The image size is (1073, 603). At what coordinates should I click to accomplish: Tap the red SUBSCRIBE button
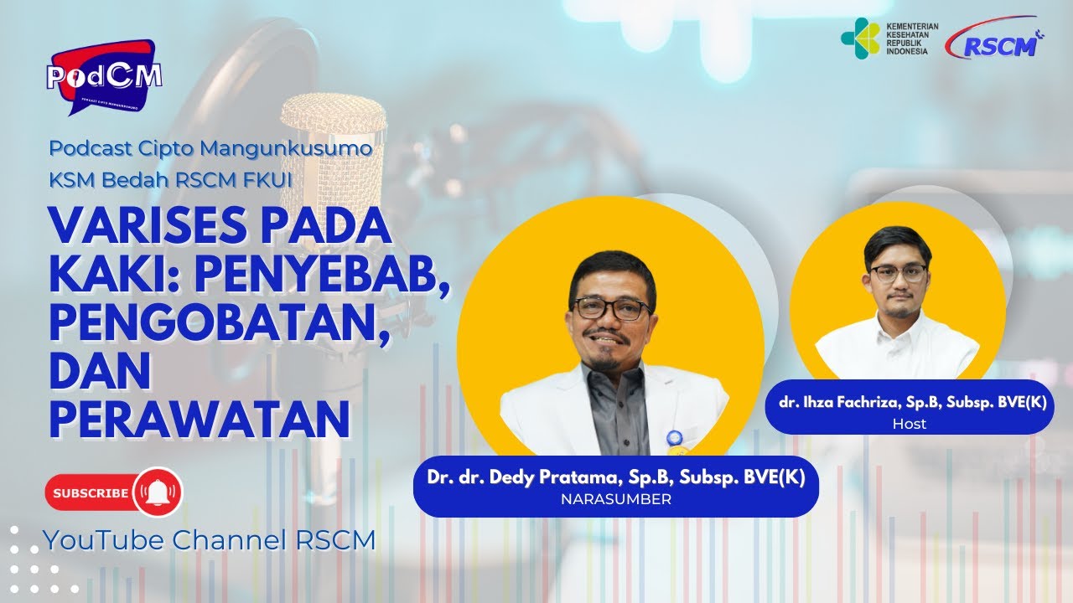click(x=91, y=493)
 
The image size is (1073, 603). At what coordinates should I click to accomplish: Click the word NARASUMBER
click(x=616, y=499)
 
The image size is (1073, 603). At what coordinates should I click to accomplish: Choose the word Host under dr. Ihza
click(x=910, y=424)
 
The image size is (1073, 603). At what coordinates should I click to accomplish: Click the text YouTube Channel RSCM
click(x=210, y=540)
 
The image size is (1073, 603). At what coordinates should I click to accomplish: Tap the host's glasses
click(x=898, y=273)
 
